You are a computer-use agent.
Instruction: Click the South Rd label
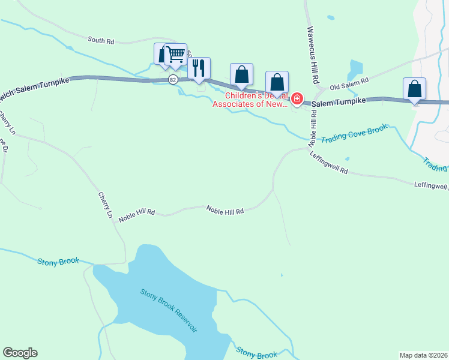coord(101,40)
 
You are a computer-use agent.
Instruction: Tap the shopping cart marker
coord(176,55)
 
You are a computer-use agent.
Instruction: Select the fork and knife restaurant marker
coord(199,68)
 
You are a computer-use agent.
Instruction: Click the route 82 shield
coord(173,79)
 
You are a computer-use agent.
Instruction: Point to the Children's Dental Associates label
coord(249,100)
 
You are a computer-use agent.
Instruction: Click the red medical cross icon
coord(297,98)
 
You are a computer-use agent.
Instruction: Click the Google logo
coord(20,353)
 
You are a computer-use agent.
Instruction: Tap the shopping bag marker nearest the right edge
coord(414,89)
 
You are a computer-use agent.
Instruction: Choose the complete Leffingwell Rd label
coord(329,163)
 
